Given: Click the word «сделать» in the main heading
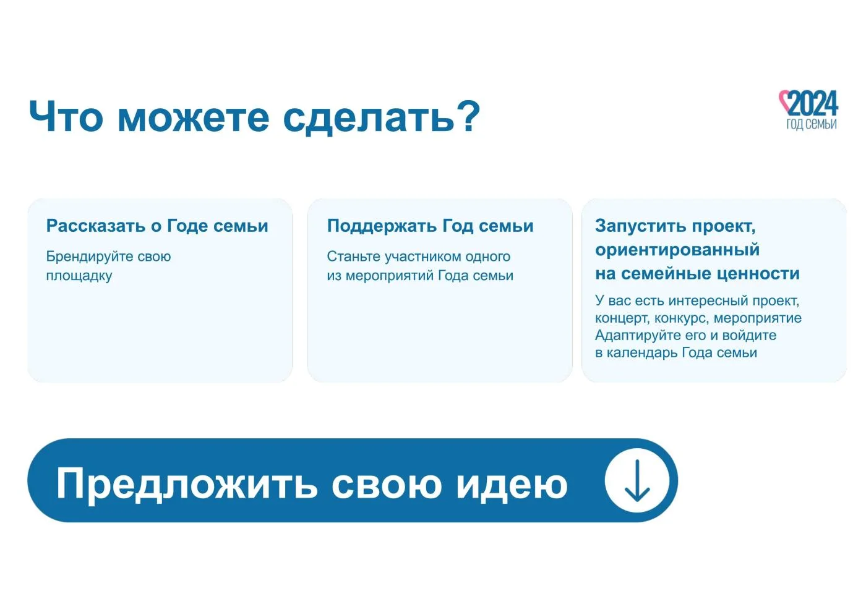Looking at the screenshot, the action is point(369,118).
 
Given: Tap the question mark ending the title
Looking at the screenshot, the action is point(469,116).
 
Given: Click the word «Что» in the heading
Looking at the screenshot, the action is point(67,116).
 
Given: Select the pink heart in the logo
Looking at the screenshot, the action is point(784,101).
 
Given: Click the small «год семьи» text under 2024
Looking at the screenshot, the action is point(812,124).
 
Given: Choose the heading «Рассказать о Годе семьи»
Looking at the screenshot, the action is point(157,226).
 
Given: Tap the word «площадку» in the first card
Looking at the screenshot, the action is point(79,276).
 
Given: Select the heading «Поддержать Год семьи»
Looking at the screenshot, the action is point(431,226).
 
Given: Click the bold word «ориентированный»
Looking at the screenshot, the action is point(677,250).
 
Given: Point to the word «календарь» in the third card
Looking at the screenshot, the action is point(642,353).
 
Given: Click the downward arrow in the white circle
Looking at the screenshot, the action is point(637,480).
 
